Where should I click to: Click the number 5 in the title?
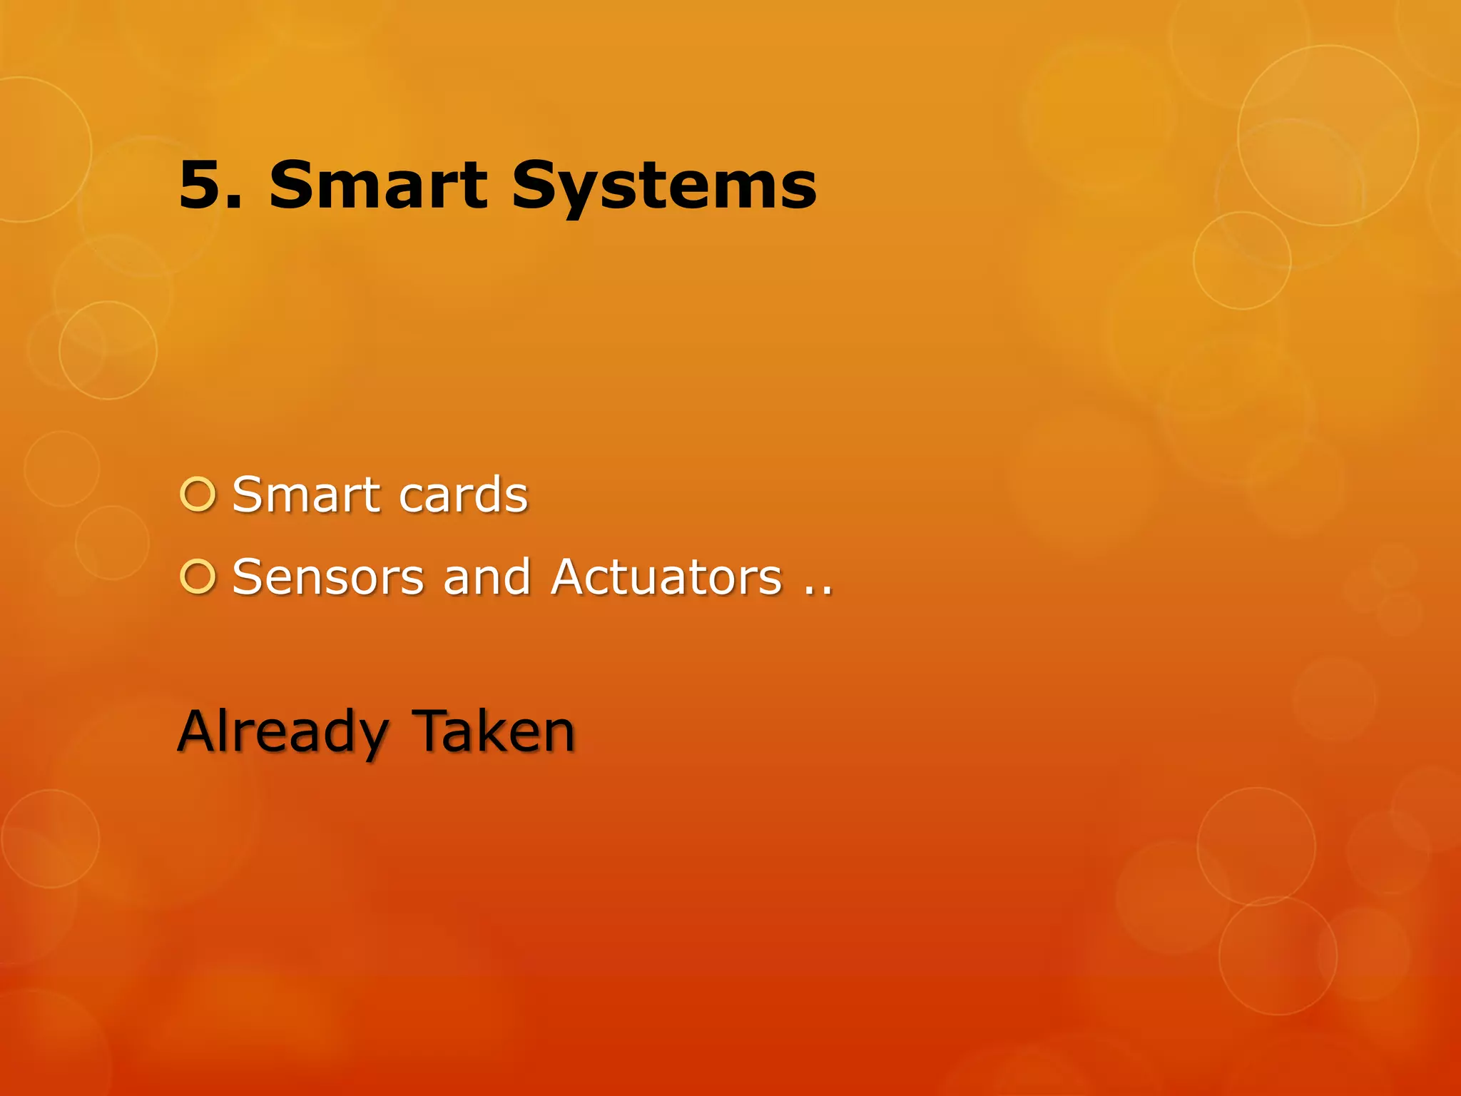point(201,186)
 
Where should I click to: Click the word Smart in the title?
point(377,186)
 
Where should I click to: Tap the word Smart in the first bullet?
point(307,494)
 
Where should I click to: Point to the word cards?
point(464,494)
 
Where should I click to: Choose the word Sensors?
point(328,577)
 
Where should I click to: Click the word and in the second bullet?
point(487,577)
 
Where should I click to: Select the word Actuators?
point(667,577)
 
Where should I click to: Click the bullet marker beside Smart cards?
point(198,494)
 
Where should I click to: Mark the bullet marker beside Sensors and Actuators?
point(198,577)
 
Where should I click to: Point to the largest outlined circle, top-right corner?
point(1328,136)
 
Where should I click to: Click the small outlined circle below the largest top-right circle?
point(1242,260)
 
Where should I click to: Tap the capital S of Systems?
point(536,186)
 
